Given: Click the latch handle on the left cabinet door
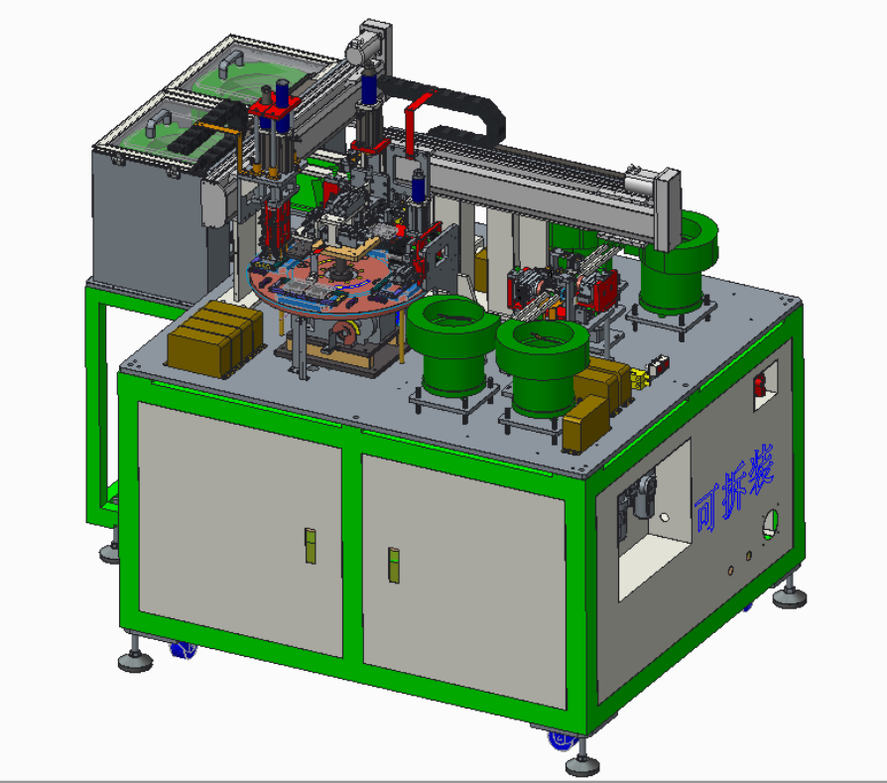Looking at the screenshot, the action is click(310, 546).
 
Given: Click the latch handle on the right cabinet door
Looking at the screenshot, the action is click(394, 565).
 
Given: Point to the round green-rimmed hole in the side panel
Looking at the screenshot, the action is click(770, 523).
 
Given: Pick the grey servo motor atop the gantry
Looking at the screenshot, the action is click(362, 50).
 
